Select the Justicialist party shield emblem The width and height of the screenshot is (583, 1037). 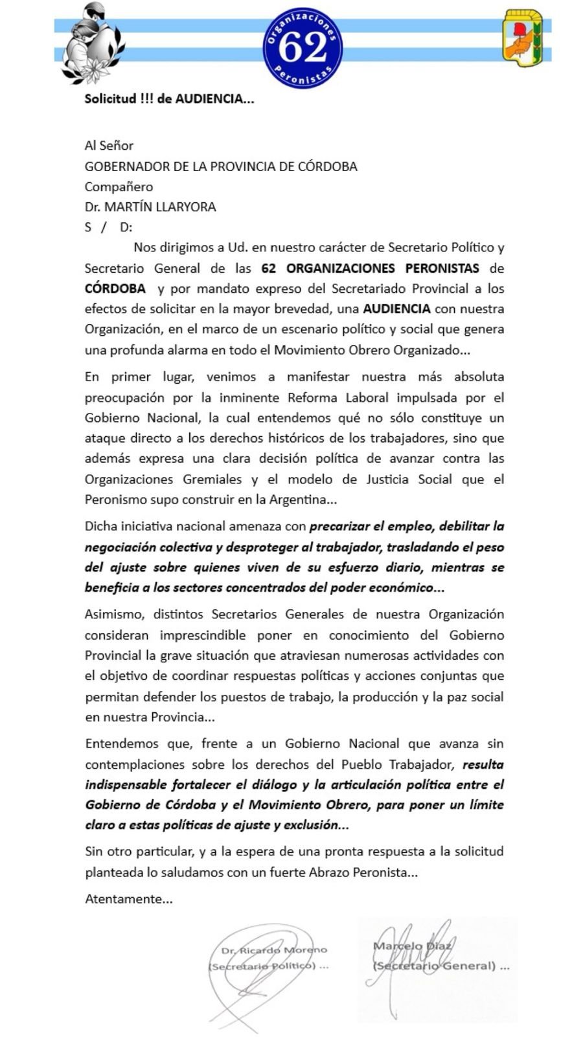pos(523,39)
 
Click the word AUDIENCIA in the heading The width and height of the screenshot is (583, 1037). pos(210,99)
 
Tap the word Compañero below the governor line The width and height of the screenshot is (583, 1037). pos(119,187)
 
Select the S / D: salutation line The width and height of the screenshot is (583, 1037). pos(108,227)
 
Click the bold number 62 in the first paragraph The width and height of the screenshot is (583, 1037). pos(270,268)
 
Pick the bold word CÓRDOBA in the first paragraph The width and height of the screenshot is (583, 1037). pos(115,288)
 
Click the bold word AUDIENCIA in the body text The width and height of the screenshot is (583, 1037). pos(397,309)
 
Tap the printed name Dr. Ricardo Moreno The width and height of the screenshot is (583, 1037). pos(274,950)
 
